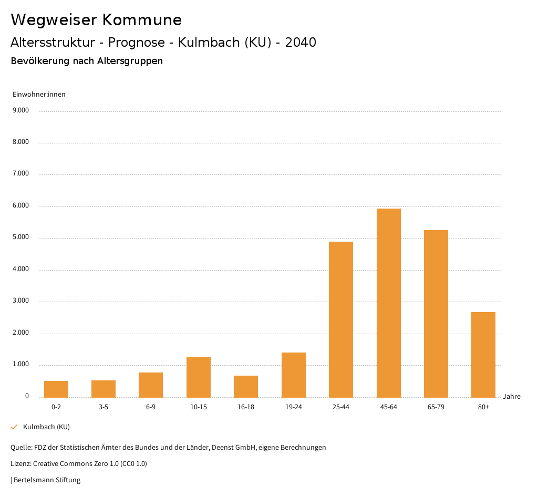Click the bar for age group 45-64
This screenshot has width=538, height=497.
click(389, 303)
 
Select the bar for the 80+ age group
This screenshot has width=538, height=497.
click(483, 355)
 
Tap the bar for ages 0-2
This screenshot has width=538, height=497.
click(56, 389)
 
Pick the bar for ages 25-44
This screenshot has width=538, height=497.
click(341, 319)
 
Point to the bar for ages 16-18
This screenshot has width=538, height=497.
click(246, 386)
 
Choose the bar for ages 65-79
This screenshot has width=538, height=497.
click(436, 314)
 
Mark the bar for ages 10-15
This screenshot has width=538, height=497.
click(199, 377)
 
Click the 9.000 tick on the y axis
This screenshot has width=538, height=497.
click(20, 110)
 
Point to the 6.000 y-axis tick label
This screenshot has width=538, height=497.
click(20, 205)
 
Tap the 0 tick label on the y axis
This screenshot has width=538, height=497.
click(27, 396)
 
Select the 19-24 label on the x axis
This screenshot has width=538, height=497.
click(294, 407)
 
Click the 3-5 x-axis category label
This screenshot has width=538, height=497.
click(104, 407)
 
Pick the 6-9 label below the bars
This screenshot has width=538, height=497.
click(151, 407)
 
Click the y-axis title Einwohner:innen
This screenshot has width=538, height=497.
click(39, 95)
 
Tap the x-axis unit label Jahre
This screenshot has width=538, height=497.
click(511, 396)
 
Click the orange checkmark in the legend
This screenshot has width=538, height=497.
click(14, 427)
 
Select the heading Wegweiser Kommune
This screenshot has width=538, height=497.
click(96, 20)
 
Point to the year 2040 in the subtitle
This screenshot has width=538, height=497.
click(301, 43)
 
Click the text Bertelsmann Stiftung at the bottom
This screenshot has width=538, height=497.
click(47, 480)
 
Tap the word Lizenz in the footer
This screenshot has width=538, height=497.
click(20, 463)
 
